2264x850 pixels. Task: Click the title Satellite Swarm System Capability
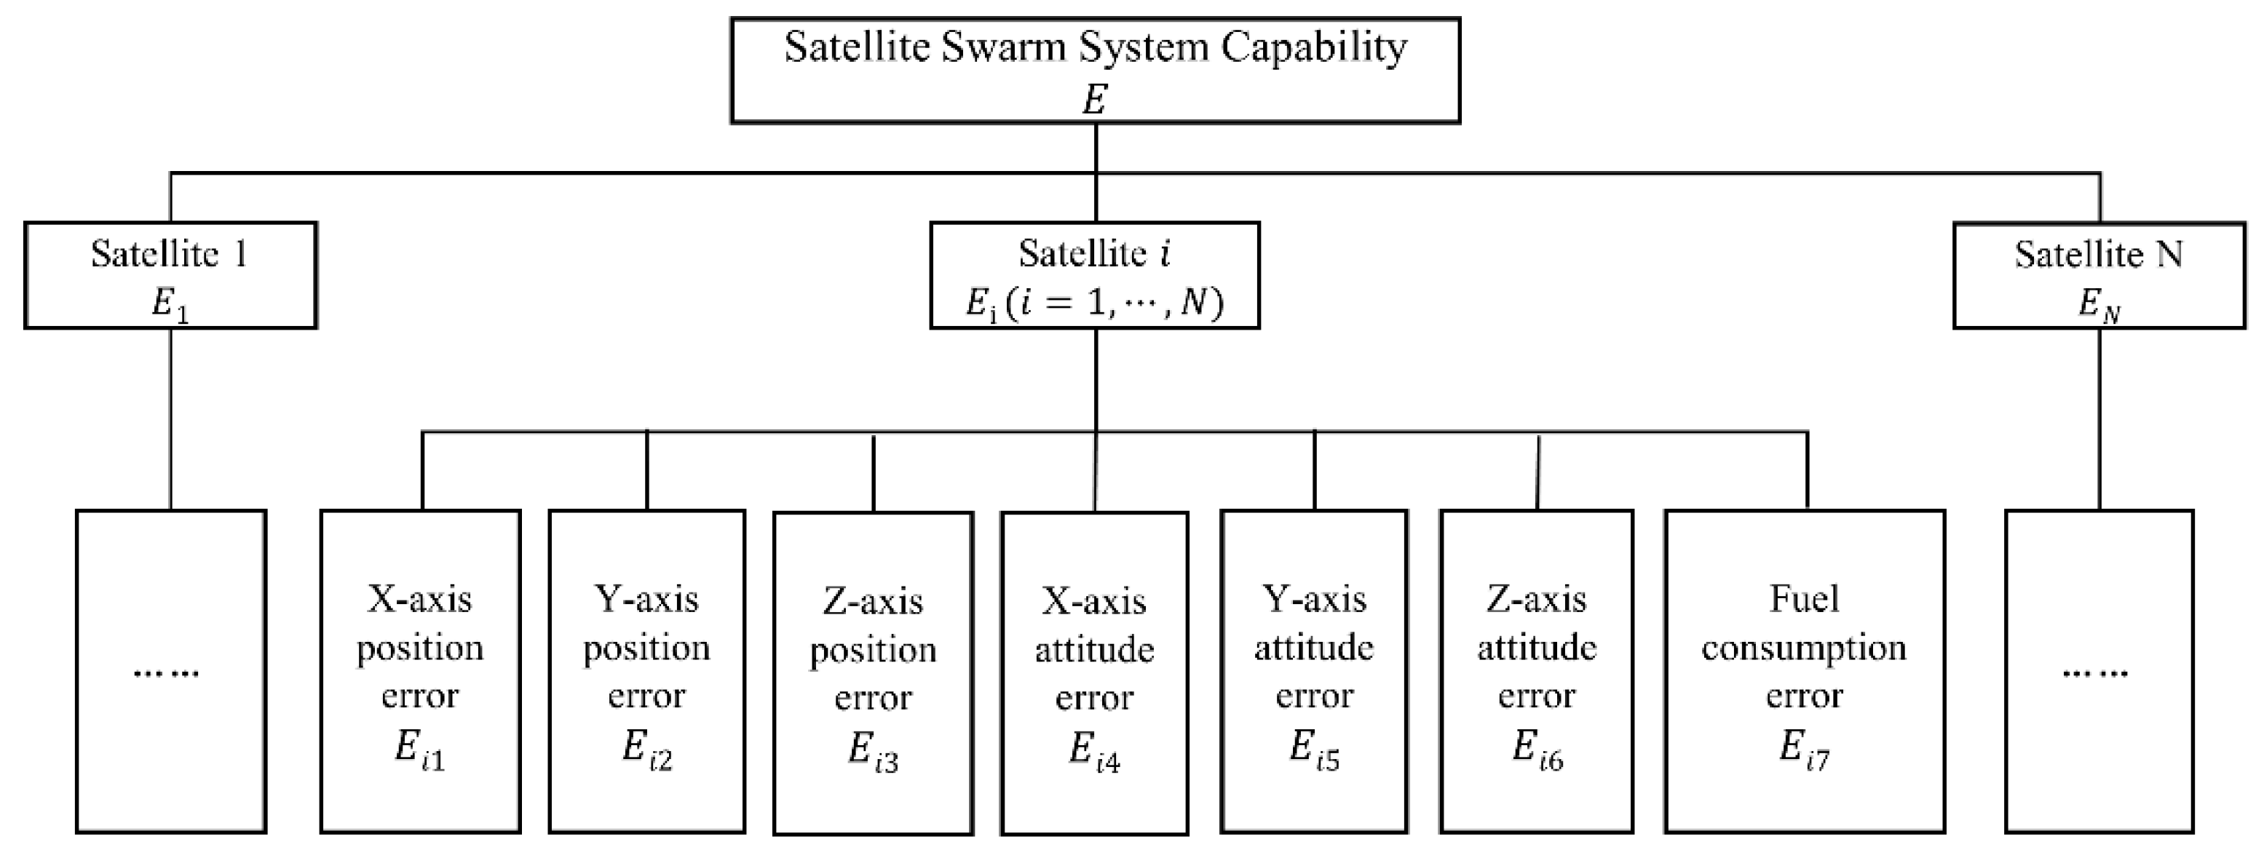(x=1095, y=47)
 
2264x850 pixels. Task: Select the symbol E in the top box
(x=1094, y=99)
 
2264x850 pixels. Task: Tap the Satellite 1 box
(x=170, y=274)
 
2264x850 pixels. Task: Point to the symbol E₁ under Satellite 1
(x=170, y=304)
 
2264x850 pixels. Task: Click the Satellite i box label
(x=1094, y=253)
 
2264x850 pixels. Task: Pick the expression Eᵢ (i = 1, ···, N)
(x=1094, y=303)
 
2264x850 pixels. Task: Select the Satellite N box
(x=2099, y=274)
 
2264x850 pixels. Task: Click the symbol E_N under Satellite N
(x=2099, y=304)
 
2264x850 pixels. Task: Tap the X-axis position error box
(x=420, y=671)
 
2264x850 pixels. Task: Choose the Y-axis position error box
(x=647, y=671)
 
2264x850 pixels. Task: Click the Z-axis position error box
(x=873, y=672)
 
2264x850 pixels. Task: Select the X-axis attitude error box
(x=1094, y=672)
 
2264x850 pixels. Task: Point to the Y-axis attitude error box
(x=1314, y=671)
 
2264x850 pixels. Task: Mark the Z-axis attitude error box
(x=1536, y=671)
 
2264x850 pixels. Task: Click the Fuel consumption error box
(x=1805, y=671)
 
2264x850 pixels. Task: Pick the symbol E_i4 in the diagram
(x=1094, y=752)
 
